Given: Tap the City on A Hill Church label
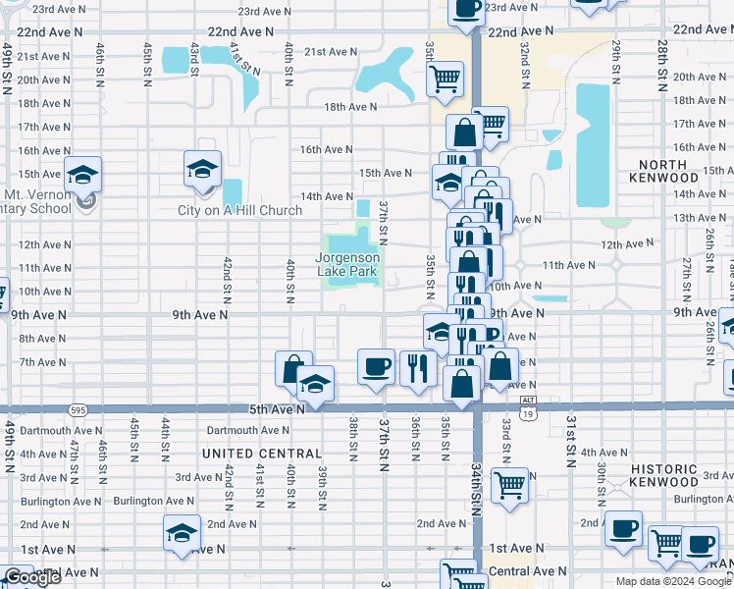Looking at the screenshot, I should tap(239, 210).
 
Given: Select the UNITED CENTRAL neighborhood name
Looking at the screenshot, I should tap(261, 454).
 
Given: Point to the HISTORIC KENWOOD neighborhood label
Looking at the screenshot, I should tap(678, 476).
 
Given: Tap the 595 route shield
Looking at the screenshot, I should tap(76, 408).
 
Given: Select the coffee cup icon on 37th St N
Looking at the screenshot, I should tap(377, 367).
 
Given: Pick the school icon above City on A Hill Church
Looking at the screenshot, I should tap(202, 169).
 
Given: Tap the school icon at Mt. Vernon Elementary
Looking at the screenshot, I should tap(83, 175).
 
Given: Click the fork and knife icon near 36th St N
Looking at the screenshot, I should tap(418, 368).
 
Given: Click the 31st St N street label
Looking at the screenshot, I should tap(569, 439).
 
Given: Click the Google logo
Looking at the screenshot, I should tap(32, 578).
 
